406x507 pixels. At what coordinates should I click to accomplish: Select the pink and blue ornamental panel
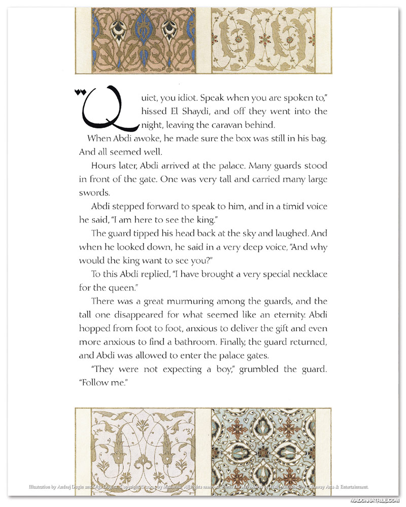(x=144, y=40)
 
